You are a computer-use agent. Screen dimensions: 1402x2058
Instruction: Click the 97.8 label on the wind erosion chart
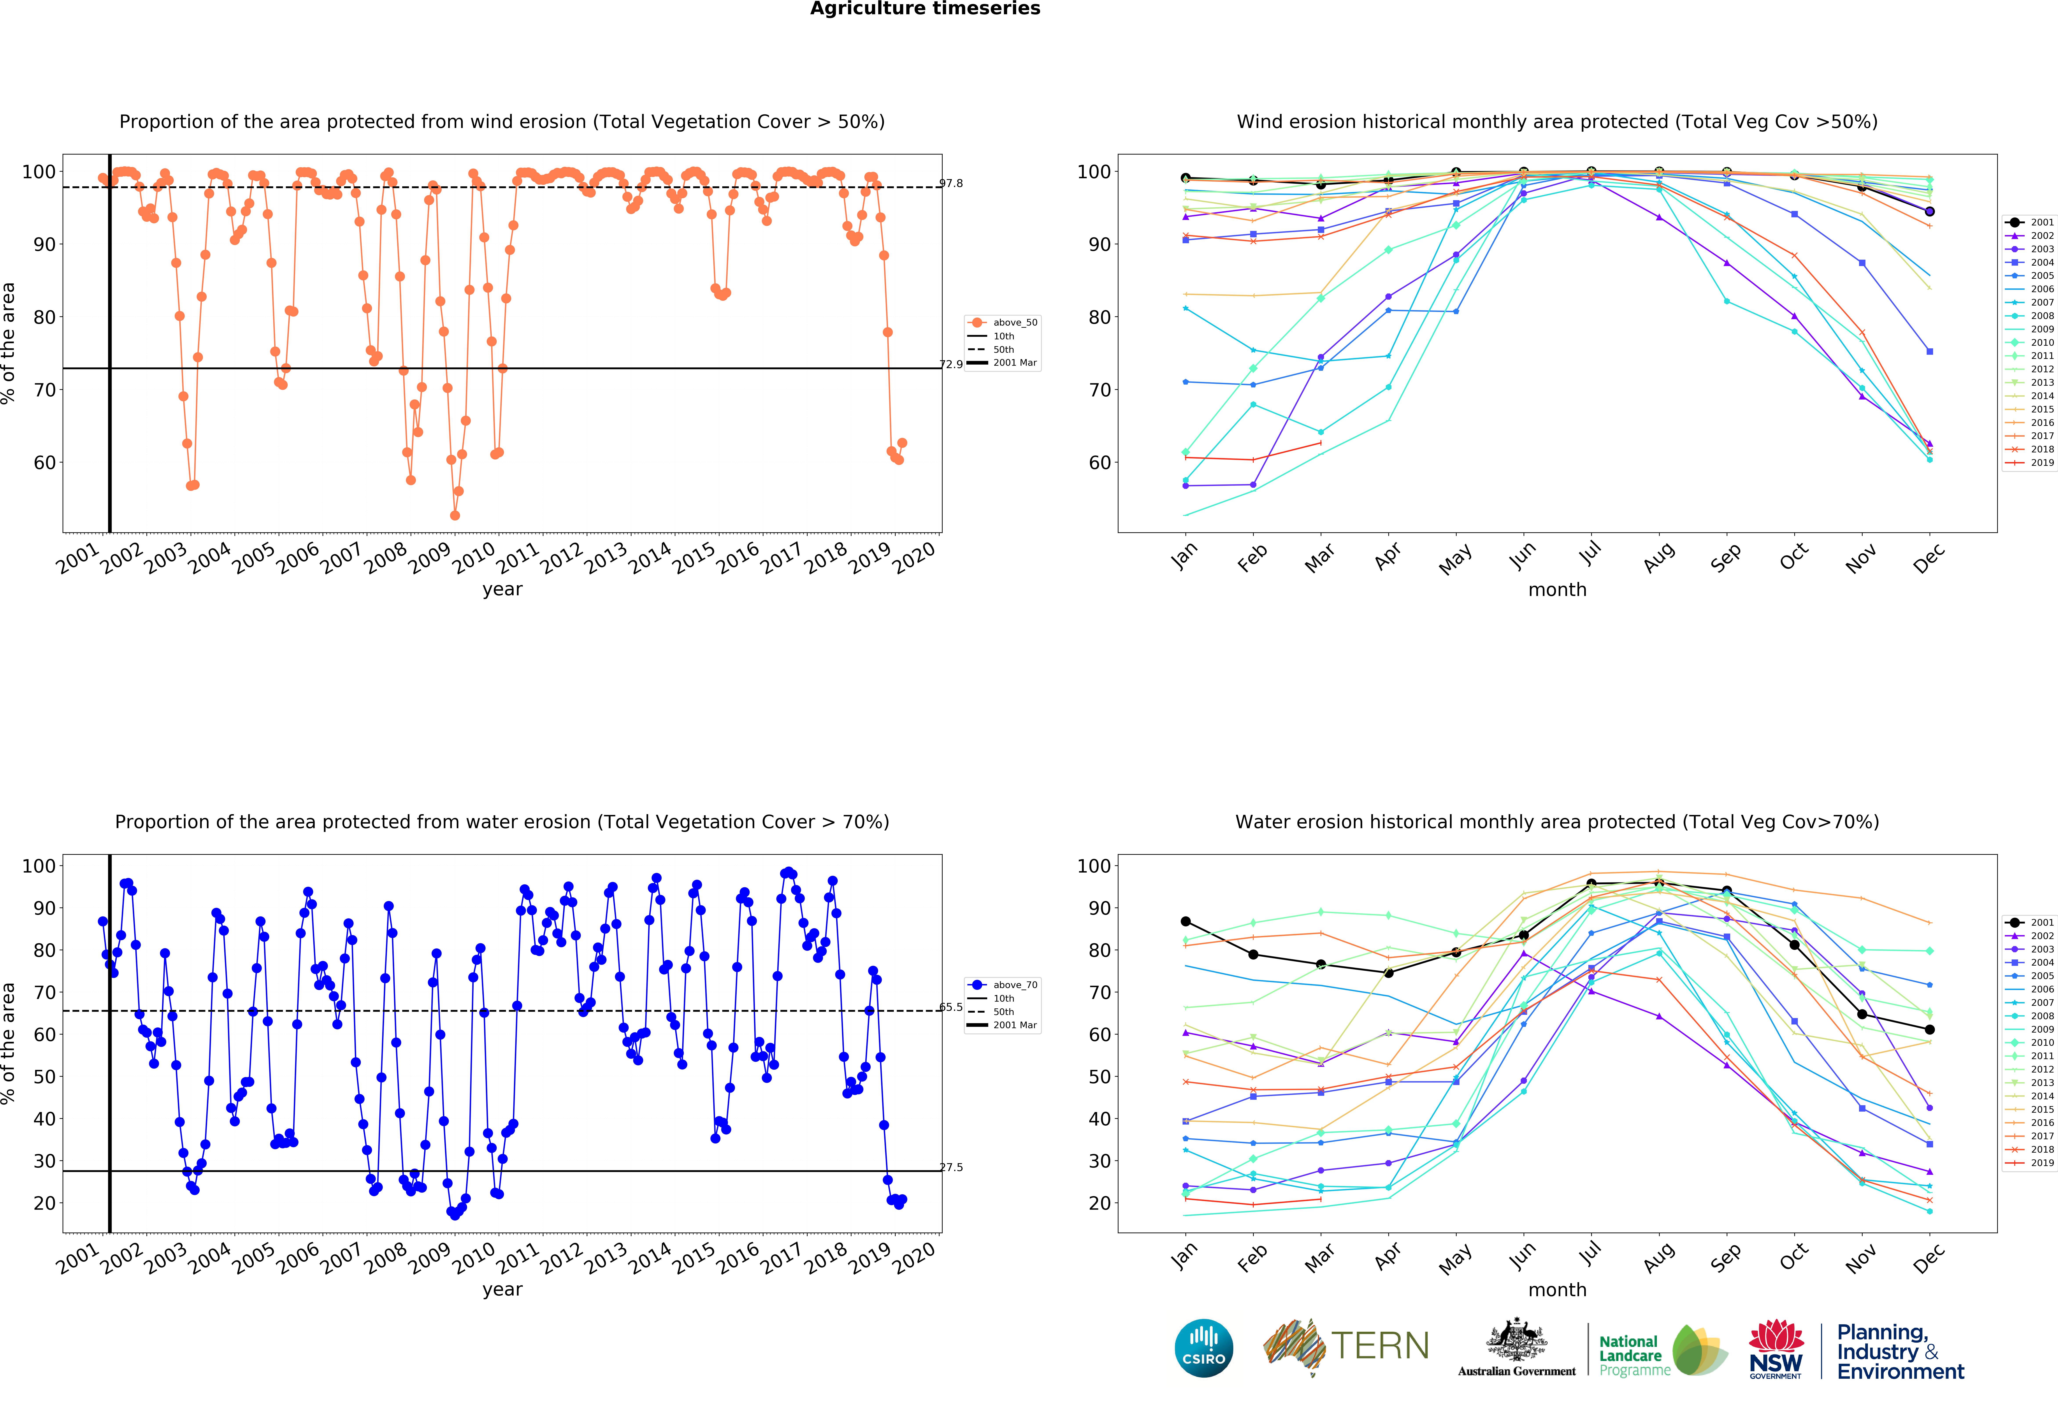(x=951, y=183)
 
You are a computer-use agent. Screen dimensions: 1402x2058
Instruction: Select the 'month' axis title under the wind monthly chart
(x=1557, y=589)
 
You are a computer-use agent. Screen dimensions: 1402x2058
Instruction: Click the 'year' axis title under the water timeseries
(x=502, y=1290)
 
